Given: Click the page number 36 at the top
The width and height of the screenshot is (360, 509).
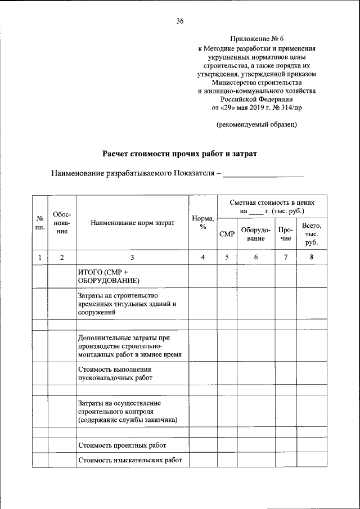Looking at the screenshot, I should (180, 21).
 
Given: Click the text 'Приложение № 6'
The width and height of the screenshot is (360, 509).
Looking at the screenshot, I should (257, 39).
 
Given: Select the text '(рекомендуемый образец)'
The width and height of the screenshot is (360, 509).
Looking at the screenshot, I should (257, 124).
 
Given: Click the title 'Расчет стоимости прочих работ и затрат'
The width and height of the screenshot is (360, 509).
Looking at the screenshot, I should (179, 153).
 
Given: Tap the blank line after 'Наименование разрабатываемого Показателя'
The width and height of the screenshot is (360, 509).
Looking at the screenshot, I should (263, 174).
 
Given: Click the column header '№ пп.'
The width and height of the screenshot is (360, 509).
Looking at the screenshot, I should (40, 222).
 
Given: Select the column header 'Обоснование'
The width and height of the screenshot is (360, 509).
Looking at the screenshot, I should (62, 222).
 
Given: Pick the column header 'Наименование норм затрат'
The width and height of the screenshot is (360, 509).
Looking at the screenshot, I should (132, 223).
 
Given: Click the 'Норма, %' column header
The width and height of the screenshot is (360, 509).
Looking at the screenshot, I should (202, 223).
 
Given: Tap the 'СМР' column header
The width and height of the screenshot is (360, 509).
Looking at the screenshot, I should (227, 233).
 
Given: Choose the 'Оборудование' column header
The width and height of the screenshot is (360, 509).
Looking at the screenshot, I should (255, 233).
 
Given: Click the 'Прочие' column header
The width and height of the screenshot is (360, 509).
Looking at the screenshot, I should (286, 233).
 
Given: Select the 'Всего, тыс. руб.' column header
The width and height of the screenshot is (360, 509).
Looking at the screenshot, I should (311, 233).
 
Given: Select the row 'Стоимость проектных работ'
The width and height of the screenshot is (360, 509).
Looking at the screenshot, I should (122, 445).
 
